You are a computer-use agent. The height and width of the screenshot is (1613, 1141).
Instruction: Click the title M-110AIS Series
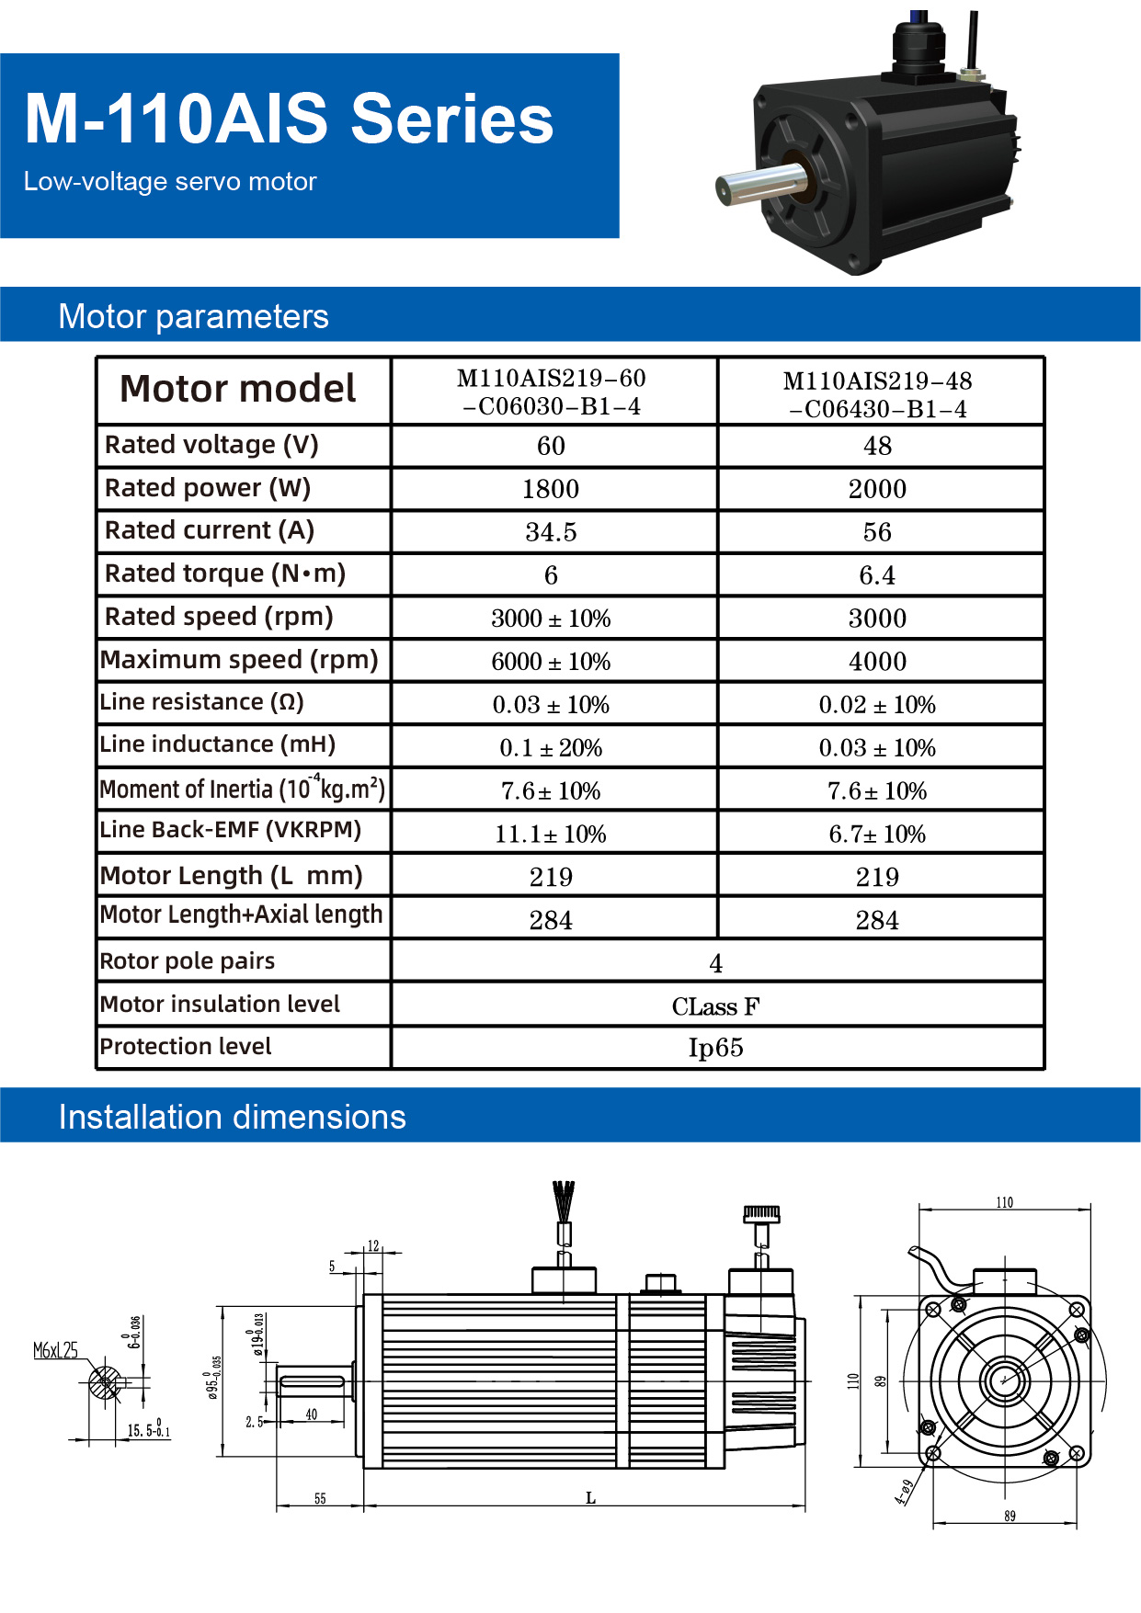click(x=289, y=119)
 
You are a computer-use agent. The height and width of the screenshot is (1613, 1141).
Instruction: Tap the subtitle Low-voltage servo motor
click(x=170, y=182)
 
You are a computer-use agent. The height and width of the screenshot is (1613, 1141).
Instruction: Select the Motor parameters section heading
click(x=193, y=316)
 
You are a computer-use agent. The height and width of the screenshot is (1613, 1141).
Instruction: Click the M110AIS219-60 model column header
click(x=552, y=392)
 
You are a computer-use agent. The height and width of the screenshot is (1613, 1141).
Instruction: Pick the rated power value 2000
click(x=877, y=489)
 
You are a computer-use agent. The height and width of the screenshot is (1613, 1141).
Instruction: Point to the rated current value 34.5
click(x=551, y=532)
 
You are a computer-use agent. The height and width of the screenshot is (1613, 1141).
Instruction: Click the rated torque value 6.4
click(x=877, y=575)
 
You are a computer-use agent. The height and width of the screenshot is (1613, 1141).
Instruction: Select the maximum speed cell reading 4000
click(x=877, y=662)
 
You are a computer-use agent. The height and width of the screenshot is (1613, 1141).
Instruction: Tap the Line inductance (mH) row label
click(x=218, y=744)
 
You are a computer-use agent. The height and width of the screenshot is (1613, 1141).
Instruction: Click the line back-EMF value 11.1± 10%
click(x=551, y=835)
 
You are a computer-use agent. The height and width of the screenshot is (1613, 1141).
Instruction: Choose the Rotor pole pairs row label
click(x=188, y=961)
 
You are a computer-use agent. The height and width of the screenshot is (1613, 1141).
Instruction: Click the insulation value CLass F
click(x=715, y=1007)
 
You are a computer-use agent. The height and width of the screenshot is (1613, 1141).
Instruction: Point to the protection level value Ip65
click(x=715, y=1048)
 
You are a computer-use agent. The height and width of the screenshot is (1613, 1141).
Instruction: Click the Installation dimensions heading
click(x=232, y=1117)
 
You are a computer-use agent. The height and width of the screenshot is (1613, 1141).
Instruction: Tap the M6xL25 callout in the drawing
click(x=55, y=1350)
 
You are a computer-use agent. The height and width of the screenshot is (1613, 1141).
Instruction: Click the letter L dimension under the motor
click(x=590, y=1498)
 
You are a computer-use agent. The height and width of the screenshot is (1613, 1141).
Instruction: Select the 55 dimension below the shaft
click(x=320, y=1498)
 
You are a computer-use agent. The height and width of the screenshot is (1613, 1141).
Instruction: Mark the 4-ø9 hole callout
click(x=905, y=1491)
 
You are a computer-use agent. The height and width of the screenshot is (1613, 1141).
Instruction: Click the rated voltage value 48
click(x=877, y=447)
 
